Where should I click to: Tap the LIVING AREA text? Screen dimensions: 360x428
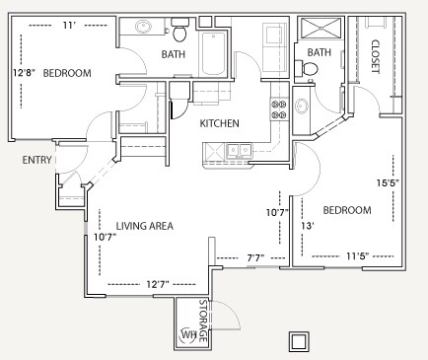[x=145, y=226]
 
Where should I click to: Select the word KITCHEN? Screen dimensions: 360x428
[x=219, y=123]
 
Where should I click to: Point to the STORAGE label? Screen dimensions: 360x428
[x=203, y=321]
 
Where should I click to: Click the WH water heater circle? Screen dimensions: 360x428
[x=188, y=335]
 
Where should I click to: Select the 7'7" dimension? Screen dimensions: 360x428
[x=253, y=259]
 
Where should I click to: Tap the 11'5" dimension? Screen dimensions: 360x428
[x=357, y=257]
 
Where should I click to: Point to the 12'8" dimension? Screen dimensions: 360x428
[x=24, y=73]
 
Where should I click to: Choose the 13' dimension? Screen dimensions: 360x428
[x=307, y=226]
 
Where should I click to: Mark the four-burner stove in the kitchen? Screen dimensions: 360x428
[x=279, y=106]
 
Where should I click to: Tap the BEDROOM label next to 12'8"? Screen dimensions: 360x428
[x=68, y=73]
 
